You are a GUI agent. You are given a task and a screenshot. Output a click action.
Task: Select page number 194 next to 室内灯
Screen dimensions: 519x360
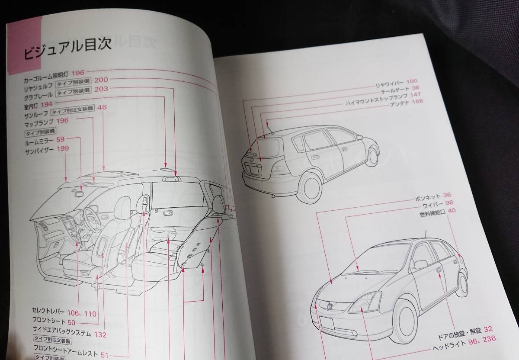tap(47, 104)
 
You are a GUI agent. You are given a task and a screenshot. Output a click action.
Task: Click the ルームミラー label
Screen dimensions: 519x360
tap(39, 141)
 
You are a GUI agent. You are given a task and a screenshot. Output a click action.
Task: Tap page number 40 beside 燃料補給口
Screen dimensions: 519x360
tap(452, 212)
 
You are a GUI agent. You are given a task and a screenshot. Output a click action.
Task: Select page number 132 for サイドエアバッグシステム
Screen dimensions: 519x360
tap(100, 334)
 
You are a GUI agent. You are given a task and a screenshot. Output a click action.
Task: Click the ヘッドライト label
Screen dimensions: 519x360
tap(450, 348)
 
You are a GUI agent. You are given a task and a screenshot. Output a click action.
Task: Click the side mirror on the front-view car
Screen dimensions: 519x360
tap(421, 264)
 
